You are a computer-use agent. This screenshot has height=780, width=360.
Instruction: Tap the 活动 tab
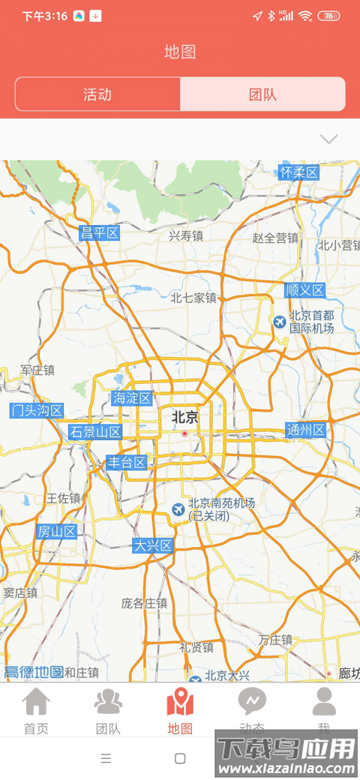point(97,94)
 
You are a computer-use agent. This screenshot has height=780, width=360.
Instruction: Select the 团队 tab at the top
point(262,94)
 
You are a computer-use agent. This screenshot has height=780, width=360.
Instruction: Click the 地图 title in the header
point(180,52)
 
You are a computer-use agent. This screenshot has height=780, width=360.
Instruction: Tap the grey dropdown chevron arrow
point(328,139)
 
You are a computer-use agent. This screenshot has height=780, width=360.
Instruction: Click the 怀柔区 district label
point(299,172)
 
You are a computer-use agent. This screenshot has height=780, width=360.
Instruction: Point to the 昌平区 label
point(100,232)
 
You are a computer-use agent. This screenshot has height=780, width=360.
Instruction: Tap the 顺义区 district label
point(304,290)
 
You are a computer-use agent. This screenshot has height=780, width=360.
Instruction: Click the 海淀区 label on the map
point(132,398)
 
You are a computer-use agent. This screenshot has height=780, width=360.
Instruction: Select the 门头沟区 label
point(37,410)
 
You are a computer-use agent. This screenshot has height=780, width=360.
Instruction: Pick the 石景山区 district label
point(95,432)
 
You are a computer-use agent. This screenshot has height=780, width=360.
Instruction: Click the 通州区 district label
point(306,430)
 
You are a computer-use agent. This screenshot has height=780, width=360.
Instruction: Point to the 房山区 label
point(57,532)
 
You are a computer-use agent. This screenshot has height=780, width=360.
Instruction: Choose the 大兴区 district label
point(153,545)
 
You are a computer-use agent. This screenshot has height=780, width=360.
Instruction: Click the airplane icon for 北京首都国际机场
point(279,322)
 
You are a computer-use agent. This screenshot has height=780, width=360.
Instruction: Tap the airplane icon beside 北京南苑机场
point(178,510)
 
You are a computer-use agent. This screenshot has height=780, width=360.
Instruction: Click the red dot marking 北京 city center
point(184,433)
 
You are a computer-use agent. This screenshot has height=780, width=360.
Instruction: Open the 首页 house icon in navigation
point(36,702)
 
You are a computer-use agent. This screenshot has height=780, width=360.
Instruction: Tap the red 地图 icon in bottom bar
point(180,702)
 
